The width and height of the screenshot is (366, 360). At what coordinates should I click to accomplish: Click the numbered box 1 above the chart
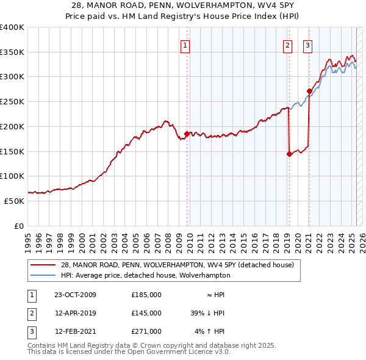point(184,45)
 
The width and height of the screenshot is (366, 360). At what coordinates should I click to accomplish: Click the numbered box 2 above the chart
point(287,45)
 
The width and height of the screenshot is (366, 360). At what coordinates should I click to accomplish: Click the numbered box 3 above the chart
point(307,45)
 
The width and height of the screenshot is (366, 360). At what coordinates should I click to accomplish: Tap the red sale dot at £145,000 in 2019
point(289,154)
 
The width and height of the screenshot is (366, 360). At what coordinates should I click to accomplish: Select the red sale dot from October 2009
point(187,134)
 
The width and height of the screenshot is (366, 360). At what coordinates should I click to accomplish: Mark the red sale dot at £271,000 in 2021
point(309,92)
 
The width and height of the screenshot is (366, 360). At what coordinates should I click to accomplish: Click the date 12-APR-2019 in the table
point(75,313)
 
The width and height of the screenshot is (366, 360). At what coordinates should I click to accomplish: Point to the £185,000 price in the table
point(146,295)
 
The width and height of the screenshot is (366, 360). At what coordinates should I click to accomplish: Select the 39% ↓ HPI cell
point(207,313)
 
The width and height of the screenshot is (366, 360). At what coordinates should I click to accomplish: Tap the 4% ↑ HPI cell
point(210,331)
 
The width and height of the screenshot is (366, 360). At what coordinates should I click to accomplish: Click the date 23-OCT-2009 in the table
point(75,295)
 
